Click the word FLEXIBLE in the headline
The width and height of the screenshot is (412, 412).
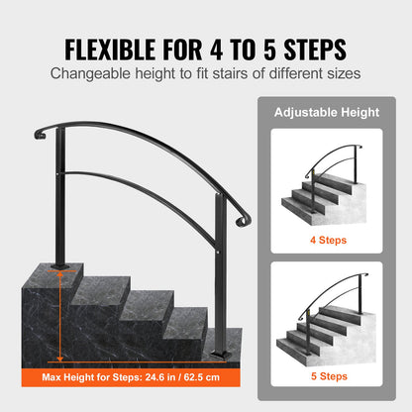coord(110,50)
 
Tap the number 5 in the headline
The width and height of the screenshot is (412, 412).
coord(269,50)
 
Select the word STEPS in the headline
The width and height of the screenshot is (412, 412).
coord(315,50)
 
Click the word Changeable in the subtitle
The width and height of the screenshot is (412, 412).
coord(90,73)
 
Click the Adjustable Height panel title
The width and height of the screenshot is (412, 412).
coord(327,112)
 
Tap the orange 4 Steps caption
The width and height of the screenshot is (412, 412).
coord(328,240)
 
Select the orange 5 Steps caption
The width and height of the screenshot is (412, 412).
coord(329,376)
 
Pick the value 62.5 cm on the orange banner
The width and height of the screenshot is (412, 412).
coord(202,377)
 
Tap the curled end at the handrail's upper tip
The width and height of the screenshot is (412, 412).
coord(40,134)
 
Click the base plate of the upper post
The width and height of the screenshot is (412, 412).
coord(60,265)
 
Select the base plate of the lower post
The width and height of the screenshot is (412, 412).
coord(220,355)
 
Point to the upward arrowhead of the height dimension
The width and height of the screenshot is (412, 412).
coord(59,273)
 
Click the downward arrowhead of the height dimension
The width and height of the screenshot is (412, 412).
coord(59,359)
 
